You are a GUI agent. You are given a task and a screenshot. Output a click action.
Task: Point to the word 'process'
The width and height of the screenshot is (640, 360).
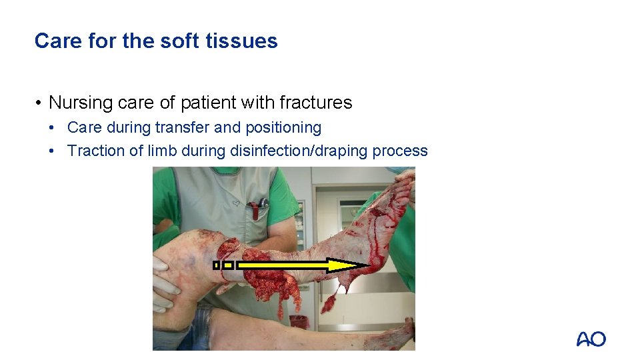click(x=400, y=151)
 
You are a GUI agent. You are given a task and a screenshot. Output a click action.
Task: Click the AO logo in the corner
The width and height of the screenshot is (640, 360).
click(x=591, y=339)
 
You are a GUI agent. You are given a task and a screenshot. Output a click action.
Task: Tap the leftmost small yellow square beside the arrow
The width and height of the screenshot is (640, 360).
click(x=216, y=265)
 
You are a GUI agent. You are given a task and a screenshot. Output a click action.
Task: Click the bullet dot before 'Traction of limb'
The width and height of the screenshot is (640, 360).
click(x=58, y=151)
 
